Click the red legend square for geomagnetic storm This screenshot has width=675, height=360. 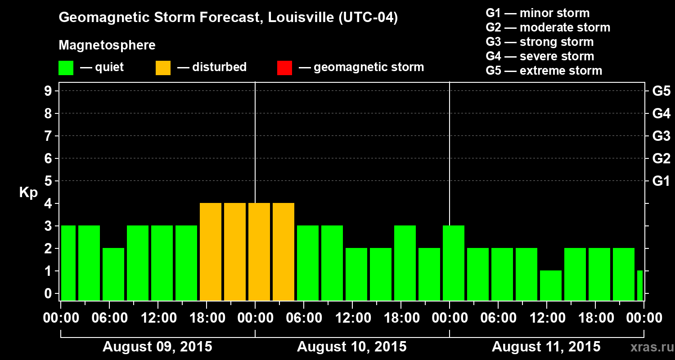284,67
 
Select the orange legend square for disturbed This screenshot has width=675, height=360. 163,67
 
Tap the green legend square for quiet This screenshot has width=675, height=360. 66,67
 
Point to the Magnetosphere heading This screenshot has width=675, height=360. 107,45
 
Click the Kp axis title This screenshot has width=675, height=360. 28,192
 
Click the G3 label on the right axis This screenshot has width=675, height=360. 661,136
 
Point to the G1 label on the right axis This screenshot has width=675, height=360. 661,181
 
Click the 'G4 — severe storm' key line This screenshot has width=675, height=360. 540,56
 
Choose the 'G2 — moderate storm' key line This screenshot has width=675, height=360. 548,27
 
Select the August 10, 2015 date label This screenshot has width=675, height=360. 352,347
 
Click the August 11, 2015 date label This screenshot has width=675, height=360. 546,347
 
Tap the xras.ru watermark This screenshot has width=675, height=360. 650,347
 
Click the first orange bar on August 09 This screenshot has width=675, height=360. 211,252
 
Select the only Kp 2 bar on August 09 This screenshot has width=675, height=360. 113,274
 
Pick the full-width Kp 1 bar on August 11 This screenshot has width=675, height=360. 551,285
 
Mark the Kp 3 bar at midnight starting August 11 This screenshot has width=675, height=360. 454,263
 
